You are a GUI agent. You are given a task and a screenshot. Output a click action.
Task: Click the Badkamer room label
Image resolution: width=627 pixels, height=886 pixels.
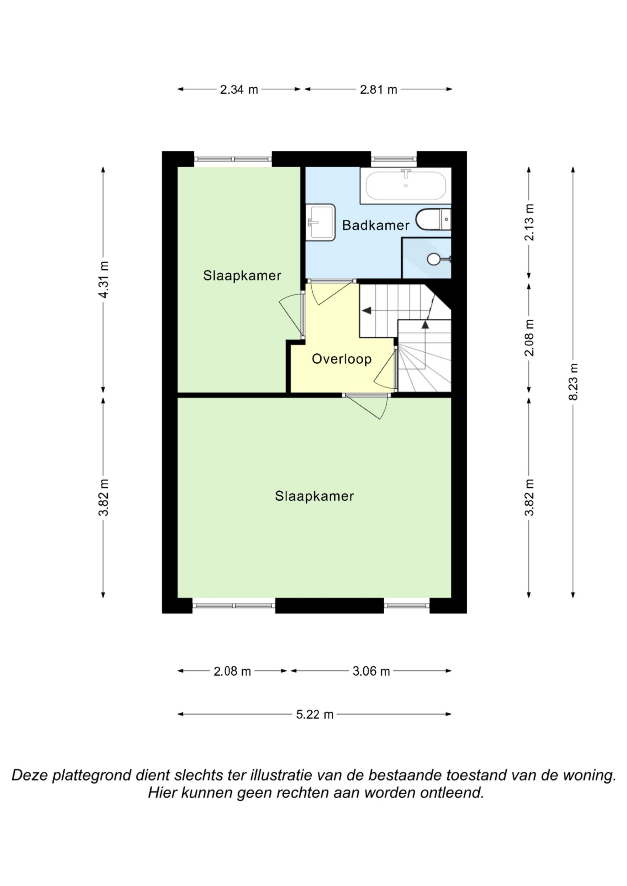click(x=376, y=225)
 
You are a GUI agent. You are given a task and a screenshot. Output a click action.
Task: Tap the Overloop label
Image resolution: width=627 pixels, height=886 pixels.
click(x=341, y=359)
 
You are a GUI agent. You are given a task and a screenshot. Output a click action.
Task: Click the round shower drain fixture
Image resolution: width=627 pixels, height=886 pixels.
click(x=434, y=259)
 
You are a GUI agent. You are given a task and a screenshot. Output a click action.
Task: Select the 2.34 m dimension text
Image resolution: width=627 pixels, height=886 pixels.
click(x=239, y=90)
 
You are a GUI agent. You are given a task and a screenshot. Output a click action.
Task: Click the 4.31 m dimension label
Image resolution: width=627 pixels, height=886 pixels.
click(x=103, y=279)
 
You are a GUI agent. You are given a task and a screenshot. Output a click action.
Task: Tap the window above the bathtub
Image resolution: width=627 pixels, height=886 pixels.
click(x=394, y=158)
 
